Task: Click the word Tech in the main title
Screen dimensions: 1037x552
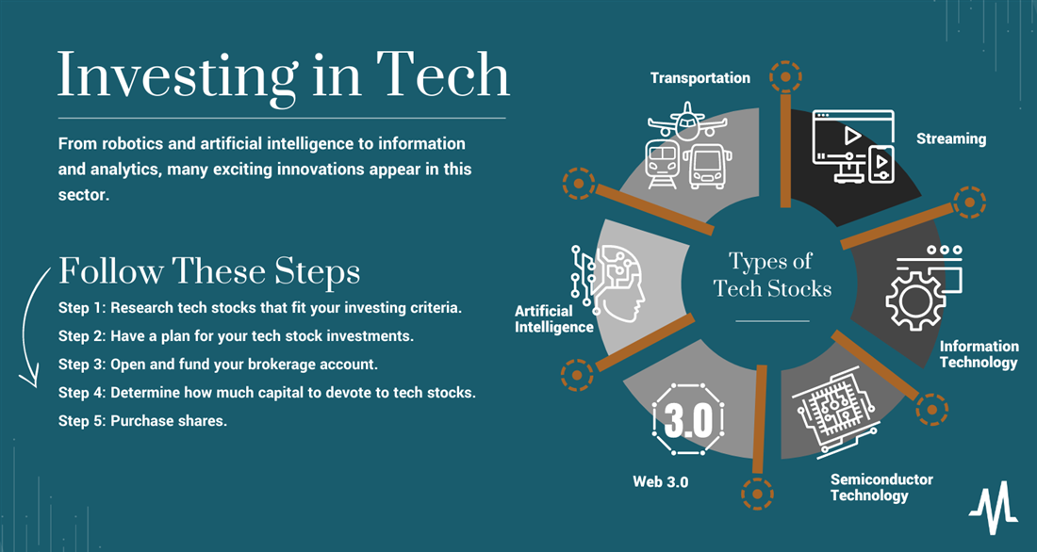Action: pos(442,74)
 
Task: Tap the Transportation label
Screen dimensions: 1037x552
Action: pos(700,78)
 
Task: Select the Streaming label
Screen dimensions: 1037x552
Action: pos(951,138)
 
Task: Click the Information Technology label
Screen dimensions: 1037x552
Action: pos(979,354)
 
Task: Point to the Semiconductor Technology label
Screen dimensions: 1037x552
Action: pos(881,487)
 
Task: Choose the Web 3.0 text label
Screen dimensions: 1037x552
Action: pos(660,482)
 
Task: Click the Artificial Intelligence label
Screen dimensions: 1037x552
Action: pos(554,319)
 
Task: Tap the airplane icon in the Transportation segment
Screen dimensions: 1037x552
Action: pos(687,122)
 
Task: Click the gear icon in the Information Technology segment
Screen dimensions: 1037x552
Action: pos(915,300)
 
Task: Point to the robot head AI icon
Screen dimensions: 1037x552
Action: pos(608,284)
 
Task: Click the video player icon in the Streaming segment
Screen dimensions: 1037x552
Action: pos(853,147)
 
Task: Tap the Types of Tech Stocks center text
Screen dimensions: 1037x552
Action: pos(772,274)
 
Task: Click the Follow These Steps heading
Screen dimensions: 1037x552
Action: pos(209,271)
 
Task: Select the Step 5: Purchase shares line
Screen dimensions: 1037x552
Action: pos(143,420)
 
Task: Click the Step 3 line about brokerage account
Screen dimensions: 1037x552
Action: pos(219,365)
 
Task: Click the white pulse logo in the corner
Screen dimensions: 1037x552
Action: pos(994,508)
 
